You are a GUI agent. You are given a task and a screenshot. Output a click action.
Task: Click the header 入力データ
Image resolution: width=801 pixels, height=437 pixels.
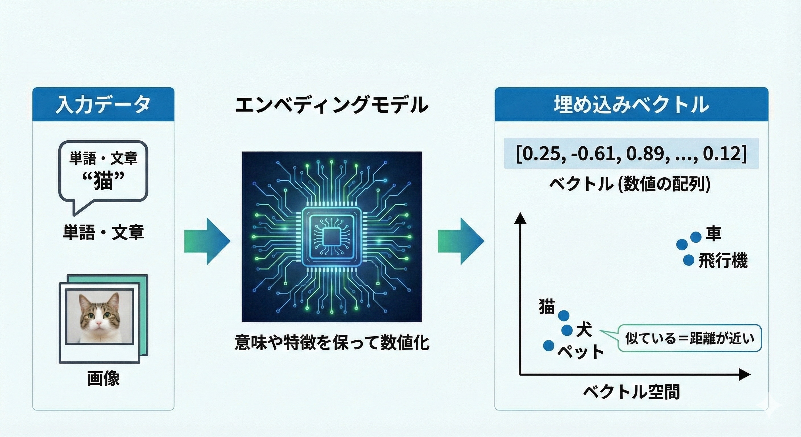pyautogui.click(x=103, y=104)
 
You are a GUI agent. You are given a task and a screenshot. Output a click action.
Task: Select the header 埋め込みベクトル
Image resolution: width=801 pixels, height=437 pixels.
pyautogui.click(x=631, y=104)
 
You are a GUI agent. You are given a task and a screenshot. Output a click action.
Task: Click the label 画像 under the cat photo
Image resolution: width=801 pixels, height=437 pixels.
pyautogui.click(x=103, y=379)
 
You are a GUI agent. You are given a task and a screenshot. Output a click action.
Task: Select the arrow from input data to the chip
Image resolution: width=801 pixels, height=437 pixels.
pyautogui.click(x=207, y=241)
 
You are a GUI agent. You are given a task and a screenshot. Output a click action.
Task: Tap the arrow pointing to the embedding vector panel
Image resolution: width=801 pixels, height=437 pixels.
pyautogui.click(x=461, y=241)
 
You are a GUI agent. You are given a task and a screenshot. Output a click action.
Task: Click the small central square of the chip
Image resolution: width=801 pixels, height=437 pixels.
pyautogui.click(x=331, y=237)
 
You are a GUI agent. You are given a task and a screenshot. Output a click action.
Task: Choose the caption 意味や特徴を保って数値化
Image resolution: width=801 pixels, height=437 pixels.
pyautogui.click(x=331, y=343)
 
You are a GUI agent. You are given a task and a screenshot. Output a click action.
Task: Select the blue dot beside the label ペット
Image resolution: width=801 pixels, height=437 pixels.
pyautogui.click(x=549, y=345)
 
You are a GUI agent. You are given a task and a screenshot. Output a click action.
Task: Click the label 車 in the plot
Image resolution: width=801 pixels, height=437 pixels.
pyautogui.click(x=713, y=234)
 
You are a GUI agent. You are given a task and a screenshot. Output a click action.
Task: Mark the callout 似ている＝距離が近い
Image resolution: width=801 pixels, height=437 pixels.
pyautogui.click(x=689, y=338)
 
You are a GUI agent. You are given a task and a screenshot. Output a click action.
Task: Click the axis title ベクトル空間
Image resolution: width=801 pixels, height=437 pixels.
pyautogui.click(x=631, y=391)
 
